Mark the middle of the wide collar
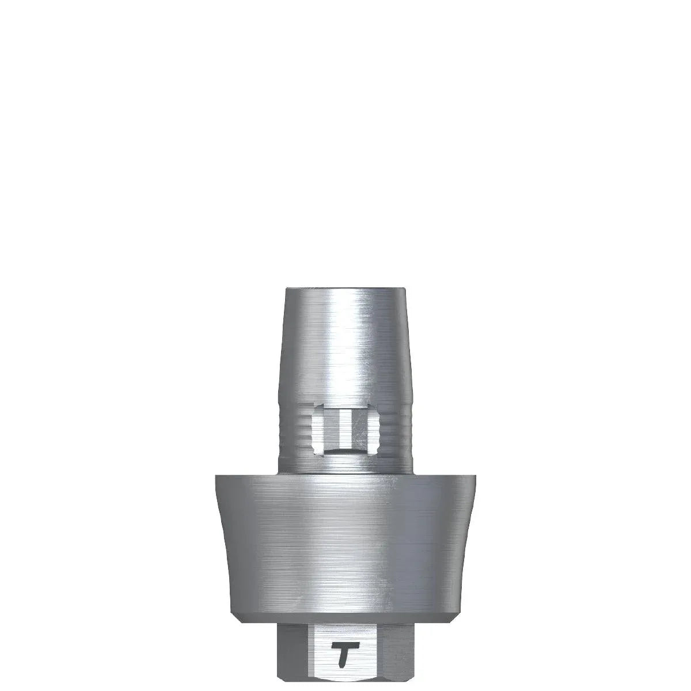(345, 544)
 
